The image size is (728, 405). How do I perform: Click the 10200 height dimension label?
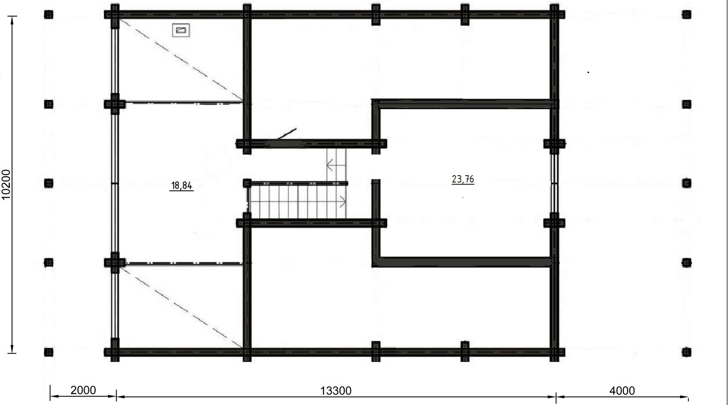(6, 184)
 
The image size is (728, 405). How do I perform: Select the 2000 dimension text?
(83, 390)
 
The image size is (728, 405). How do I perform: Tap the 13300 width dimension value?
(336, 390)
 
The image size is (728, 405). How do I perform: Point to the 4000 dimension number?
(622, 390)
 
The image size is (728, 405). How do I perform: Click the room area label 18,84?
(181, 186)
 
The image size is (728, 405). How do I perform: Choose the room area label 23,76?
(463, 179)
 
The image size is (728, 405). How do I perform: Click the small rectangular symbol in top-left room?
(181, 30)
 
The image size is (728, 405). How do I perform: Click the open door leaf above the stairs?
(287, 134)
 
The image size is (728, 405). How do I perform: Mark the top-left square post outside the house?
(49, 15)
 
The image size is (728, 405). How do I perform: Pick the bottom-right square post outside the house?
(686, 352)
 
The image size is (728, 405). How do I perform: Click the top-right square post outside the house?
(686, 15)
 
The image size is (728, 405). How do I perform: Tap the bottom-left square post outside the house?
(49, 352)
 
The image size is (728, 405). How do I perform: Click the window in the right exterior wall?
(554, 184)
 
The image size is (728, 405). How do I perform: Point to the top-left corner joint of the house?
(115, 15)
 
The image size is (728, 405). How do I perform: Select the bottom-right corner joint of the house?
(554, 352)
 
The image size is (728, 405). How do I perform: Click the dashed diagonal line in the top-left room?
(181, 59)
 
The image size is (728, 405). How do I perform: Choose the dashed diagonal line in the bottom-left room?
(181, 307)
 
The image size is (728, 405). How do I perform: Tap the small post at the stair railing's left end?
(247, 184)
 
